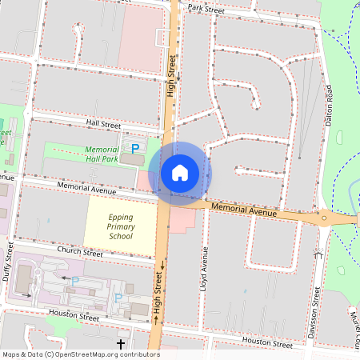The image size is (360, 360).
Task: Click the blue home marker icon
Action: (180, 172)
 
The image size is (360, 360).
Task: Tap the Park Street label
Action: (205, 7)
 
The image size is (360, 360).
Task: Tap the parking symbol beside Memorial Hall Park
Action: (135, 148)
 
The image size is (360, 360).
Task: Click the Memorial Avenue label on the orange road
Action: (243, 210)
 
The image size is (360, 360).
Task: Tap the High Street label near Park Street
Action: (171, 75)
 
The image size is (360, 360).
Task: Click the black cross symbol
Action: (121, 344)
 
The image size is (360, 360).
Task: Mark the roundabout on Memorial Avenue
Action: (324, 218)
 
